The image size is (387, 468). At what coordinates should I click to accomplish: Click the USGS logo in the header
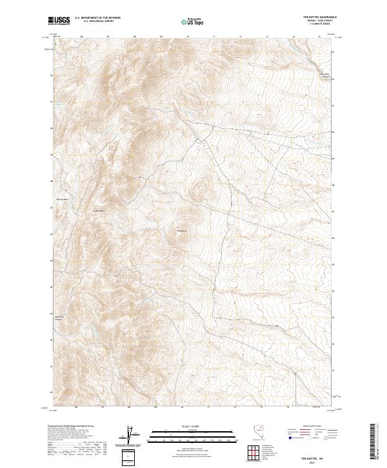click(x=59, y=21)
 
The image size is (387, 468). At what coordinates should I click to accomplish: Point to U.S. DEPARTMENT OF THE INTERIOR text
click(x=97, y=18)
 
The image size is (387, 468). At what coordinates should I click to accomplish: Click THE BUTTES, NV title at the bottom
click(x=322, y=456)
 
